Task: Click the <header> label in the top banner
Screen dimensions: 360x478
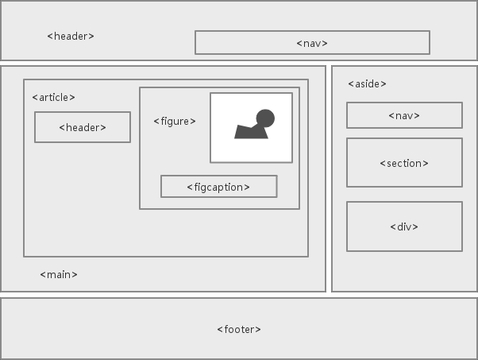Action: coord(71,36)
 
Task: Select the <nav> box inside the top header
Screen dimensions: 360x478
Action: coord(312,43)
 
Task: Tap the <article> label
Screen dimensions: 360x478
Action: coord(53,97)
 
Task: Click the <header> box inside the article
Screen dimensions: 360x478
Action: coord(82,127)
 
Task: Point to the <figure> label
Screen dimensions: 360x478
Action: coord(174,121)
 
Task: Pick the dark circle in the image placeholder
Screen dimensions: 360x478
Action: coord(265,119)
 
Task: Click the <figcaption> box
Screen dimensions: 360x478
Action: coord(218,187)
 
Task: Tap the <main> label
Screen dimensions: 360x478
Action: coord(59,274)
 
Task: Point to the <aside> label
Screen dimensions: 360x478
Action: coord(367,83)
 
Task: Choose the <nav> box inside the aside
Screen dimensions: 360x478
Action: coord(404,115)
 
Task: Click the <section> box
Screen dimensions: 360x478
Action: coord(404,163)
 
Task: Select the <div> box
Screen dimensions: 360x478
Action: coord(404,226)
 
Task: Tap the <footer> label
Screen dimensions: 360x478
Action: coord(239,329)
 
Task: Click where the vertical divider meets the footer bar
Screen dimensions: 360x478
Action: coord(328,295)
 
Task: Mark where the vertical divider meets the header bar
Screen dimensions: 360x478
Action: coord(328,63)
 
